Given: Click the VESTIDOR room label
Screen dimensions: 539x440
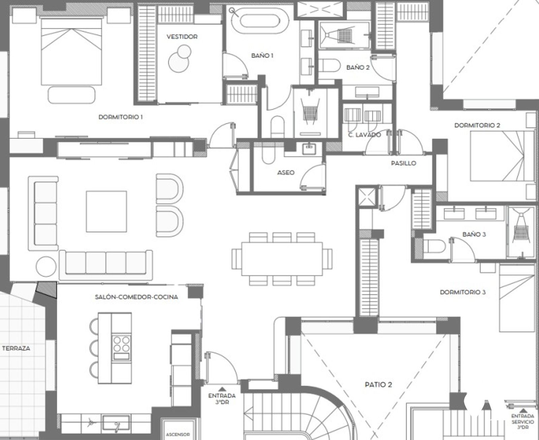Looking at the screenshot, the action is (x=182, y=37).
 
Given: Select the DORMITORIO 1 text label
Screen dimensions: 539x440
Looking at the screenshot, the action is (x=121, y=117).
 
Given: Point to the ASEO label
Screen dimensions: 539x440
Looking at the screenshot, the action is (x=286, y=173).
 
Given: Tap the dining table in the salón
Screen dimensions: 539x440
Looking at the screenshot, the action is (x=282, y=259).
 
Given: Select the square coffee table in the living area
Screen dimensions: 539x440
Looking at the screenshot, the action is (x=106, y=211).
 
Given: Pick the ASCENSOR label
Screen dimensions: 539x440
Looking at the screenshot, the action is (x=178, y=434).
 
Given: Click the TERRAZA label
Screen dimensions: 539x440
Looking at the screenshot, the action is (x=16, y=348).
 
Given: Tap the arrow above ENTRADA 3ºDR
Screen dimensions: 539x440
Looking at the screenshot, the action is (x=222, y=389).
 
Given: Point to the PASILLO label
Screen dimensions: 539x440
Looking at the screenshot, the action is (x=404, y=163).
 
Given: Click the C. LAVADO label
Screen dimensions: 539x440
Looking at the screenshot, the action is (x=364, y=135).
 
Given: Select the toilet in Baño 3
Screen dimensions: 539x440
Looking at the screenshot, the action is (x=434, y=246).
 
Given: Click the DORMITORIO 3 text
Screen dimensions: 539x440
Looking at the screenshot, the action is (x=463, y=292).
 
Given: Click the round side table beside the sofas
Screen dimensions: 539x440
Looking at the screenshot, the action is (x=46, y=266).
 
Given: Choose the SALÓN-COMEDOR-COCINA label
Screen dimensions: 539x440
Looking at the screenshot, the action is (x=136, y=297).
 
